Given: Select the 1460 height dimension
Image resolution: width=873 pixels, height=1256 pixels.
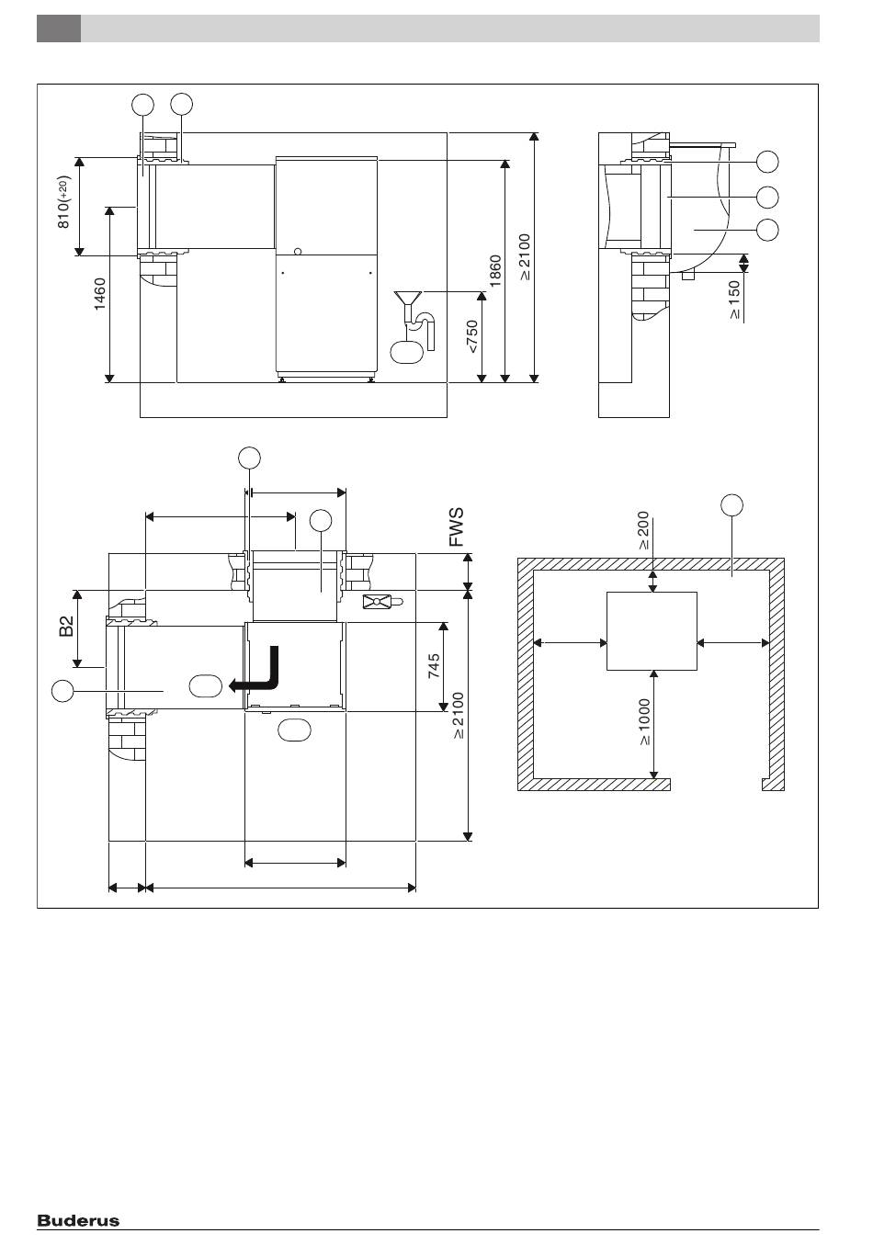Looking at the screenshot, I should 100,294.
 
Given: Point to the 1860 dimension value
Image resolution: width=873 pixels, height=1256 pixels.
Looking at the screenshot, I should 495,272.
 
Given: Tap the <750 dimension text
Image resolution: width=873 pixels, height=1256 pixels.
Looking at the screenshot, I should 471,336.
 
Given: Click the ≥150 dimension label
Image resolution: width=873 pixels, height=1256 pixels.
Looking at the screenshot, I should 735,300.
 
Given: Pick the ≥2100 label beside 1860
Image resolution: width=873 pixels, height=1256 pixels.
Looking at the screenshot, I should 525,257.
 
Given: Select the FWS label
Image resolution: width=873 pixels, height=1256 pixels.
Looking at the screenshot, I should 457,527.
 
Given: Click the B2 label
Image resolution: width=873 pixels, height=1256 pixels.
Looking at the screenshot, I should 66,627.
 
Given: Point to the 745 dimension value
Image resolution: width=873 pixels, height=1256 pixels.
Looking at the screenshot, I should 435,666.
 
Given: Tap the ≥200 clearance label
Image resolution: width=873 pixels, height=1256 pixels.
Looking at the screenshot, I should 643,531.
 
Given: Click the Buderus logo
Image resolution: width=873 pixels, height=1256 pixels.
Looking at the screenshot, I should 78,1221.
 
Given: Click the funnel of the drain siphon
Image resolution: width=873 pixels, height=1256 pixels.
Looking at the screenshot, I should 407,299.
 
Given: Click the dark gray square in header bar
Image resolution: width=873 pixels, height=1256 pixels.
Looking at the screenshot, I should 59,28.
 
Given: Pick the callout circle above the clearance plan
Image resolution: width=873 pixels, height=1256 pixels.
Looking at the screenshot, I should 731,504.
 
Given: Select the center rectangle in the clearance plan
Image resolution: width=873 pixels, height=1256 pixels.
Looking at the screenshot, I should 652,631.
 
